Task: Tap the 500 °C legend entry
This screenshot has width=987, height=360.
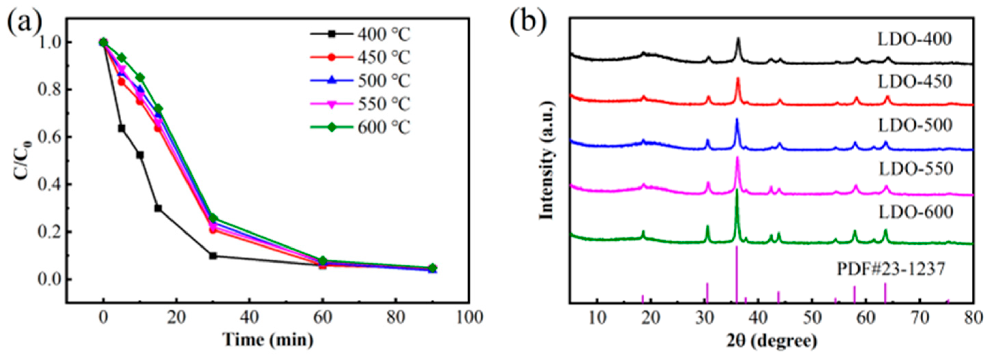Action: [360, 80]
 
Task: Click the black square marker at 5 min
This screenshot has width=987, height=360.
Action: [121, 128]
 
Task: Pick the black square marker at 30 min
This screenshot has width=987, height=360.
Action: [213, 255]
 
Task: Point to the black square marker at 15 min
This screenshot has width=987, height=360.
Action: [158, 208]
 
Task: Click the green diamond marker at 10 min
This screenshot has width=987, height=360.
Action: [140, 77]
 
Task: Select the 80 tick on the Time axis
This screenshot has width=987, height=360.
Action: [395, 317]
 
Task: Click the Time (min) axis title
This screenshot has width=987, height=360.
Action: [268, 340]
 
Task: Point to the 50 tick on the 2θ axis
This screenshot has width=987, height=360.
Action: [812, 317]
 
